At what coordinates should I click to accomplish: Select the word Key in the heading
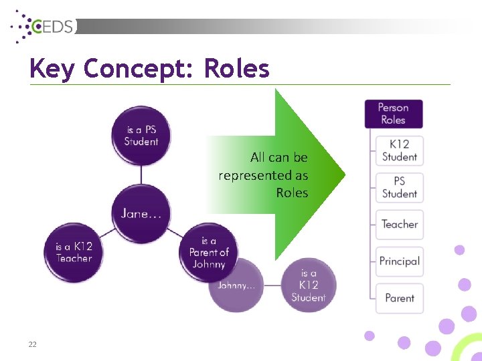tap(52, 68)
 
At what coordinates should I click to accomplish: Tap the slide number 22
tap(32, 344)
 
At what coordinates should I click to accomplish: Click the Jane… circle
tap(141, 214)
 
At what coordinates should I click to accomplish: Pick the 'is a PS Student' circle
tap(141, 136)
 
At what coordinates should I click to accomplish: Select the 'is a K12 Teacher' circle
tap(74, 252)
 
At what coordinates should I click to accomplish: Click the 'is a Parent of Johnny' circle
tap(209, 252)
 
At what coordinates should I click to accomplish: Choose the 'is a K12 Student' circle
tap(309, 285)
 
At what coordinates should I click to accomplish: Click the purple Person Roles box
tap(393, 114)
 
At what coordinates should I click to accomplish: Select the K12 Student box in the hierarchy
tap(399, 150)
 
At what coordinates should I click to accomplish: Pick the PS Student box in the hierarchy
tap(399, 187)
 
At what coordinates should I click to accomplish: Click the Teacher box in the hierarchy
tap(399, 225)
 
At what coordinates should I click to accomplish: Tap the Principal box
tap(399, 261)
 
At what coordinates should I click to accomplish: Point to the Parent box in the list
tap(399, 298)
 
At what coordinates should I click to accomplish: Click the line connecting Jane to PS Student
tap(141, 174)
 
